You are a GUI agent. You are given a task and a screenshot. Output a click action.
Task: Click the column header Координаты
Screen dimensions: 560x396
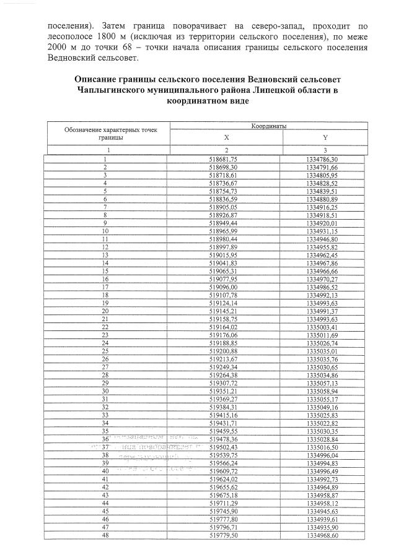(268, 126)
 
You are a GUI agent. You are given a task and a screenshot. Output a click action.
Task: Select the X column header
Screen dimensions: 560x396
(226, 138)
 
